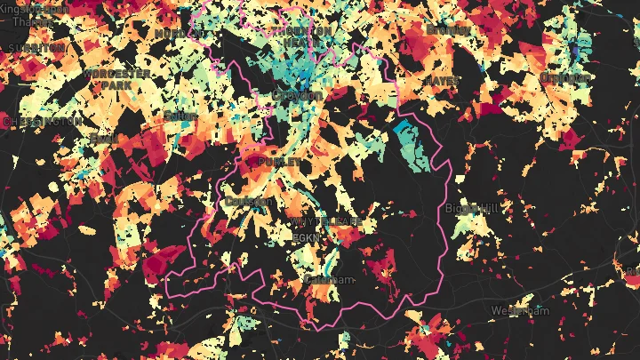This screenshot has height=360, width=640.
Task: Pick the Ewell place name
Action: pos(103,139)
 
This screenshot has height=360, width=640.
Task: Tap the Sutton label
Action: pos(180,116)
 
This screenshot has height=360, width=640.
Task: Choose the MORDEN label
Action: pos(171,33)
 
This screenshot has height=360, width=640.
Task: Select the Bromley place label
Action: pos(447,29)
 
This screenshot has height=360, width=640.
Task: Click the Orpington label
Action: pos(565,77)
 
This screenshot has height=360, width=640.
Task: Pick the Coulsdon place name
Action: pos(251,202)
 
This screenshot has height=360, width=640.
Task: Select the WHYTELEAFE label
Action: pos(324,220)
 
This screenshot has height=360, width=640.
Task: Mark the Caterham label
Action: pos(329,279)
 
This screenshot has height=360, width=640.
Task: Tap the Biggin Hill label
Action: pos(475,207)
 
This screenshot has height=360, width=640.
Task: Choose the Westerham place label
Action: pos(521,310)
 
